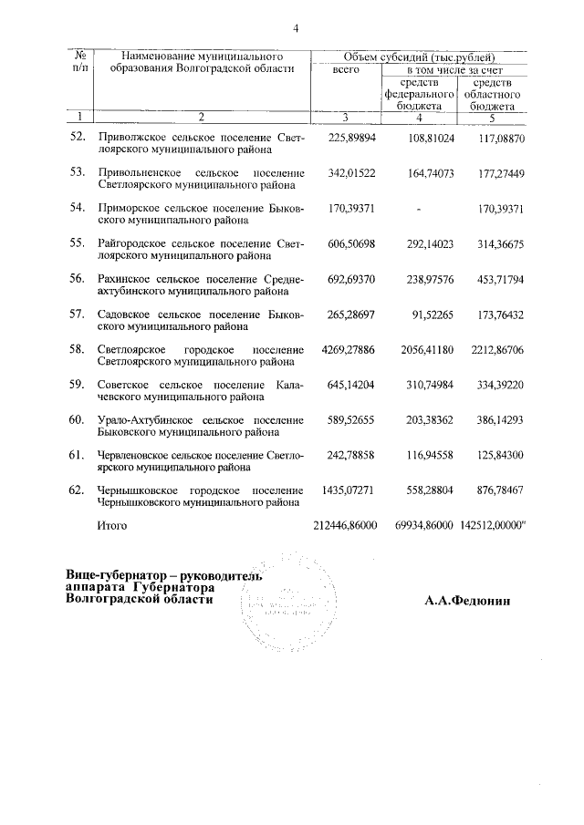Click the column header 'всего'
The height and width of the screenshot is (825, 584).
click(345, 70)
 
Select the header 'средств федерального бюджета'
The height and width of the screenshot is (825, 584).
click(419, 94)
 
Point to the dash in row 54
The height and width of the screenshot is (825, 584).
click(418, 209)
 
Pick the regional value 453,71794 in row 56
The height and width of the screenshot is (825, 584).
click(496, 279)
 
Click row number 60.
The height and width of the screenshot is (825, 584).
click(78, 419)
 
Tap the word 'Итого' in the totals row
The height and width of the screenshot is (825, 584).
click(112, 526)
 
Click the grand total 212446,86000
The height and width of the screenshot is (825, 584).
click(344, 526)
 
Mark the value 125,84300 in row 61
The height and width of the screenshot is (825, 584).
click(496, 455)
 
